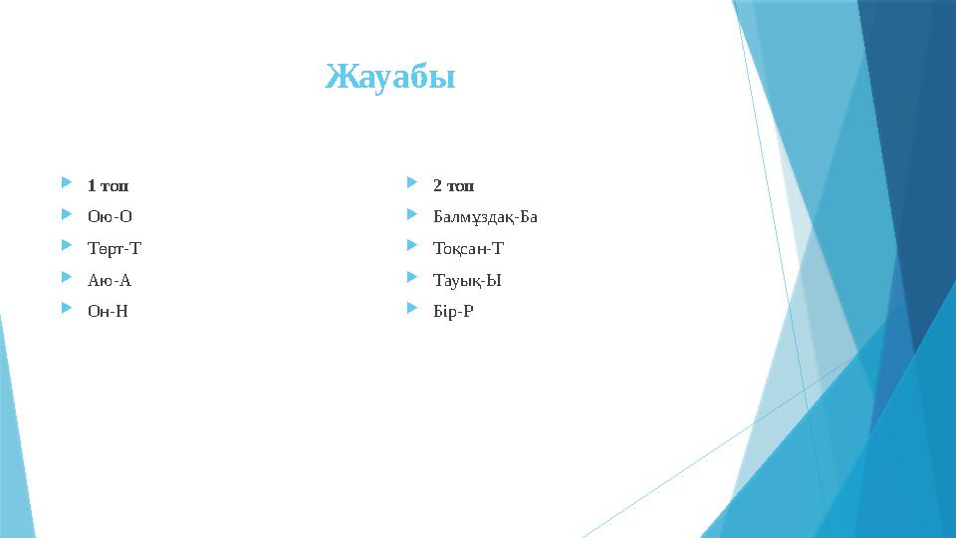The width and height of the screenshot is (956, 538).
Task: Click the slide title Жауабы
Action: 390,77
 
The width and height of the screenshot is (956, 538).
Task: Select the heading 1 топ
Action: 108,185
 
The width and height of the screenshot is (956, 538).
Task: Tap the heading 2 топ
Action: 454,185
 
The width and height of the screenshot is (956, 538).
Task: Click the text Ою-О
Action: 110,216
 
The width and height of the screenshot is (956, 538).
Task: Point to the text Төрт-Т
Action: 115,248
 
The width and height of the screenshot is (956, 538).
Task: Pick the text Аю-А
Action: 110,280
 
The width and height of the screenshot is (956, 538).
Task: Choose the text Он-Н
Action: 108,311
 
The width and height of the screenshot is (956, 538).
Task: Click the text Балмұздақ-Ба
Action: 485,217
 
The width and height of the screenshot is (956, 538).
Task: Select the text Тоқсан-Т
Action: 469,249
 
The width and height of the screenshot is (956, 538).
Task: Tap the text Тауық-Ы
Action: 467,280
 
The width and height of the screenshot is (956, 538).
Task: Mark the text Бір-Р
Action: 454,312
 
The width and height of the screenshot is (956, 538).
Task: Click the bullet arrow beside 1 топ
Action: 67,184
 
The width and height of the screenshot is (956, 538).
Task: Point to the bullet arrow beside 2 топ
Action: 413,184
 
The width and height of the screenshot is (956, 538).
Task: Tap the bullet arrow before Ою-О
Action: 67,215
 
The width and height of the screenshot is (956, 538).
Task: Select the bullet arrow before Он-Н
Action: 67,310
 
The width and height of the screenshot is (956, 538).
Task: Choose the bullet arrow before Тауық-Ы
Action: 413,279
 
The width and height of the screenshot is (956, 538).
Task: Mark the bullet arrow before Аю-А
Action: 67,279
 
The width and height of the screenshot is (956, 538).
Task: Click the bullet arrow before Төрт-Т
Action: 67,247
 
